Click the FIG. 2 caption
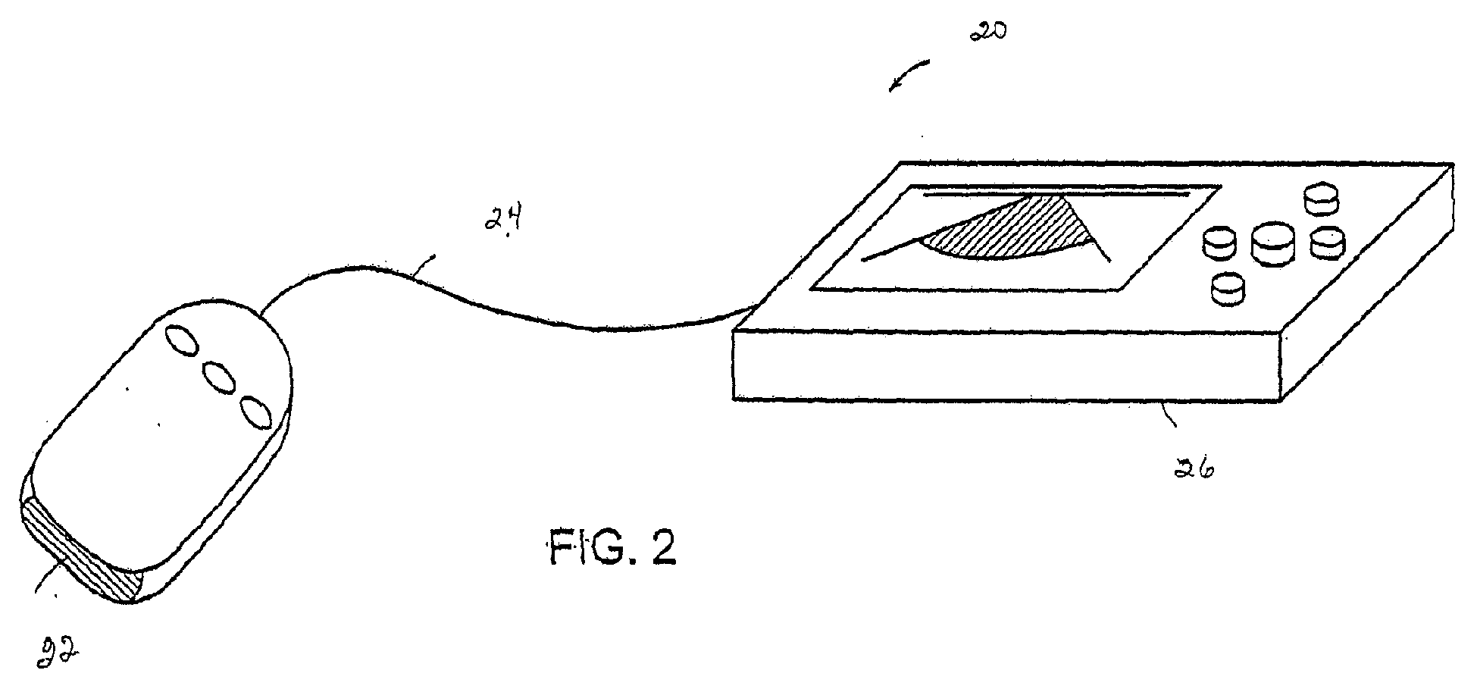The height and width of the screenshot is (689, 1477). (x=612, y=547)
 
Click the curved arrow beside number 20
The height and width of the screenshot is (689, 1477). (x=912, y=76)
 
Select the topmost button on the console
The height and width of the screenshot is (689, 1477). (x=1322, y=198)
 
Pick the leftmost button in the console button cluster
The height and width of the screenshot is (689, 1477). (x=1220, y=242)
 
